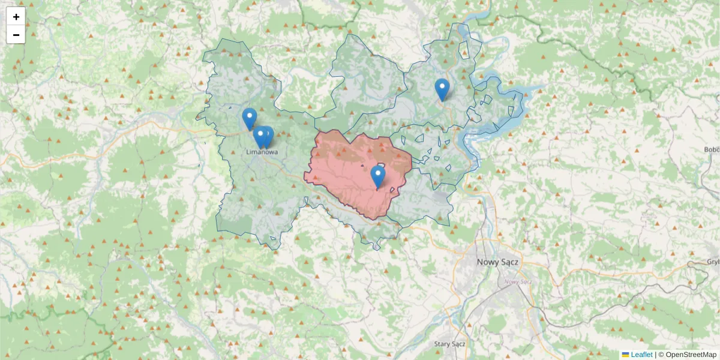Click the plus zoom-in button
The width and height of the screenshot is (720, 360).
click(x=16, y=17)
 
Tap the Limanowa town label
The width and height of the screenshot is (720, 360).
click(x=262, y=152)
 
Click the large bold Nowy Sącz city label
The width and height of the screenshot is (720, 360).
click(x=497, y=262)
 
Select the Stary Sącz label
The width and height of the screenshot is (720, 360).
click(x=450, y=344)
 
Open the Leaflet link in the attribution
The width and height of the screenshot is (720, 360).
click(x=641, y=355)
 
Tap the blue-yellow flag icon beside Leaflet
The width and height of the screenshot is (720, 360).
click(x=626, y=355)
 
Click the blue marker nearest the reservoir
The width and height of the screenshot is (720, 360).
click(x=442, y=89)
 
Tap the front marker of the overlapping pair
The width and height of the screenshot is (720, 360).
click(x=260, y=137)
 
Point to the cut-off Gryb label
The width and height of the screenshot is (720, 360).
click(x=713, y=262)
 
